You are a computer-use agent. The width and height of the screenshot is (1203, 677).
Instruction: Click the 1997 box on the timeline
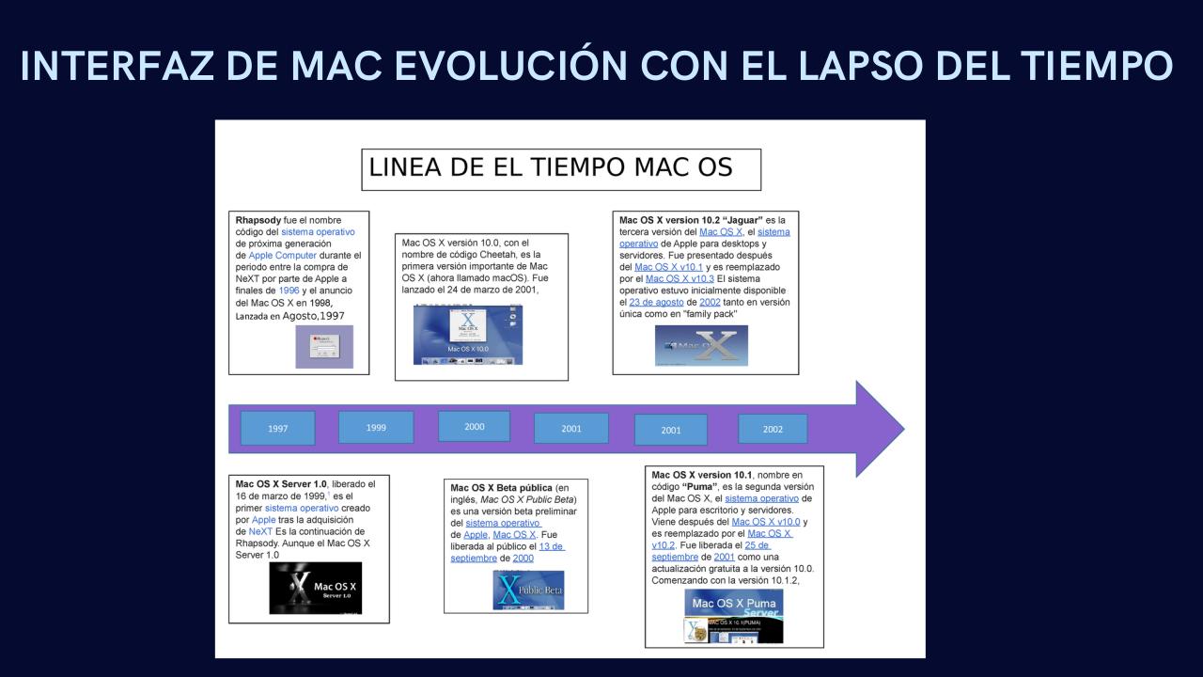(x=277, y=428)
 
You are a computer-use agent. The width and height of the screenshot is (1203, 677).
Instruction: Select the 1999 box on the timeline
(x=376, y=427)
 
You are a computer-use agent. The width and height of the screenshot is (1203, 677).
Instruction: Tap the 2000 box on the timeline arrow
(x=474, y=426)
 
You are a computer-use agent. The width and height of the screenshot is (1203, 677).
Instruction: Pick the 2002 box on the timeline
(x=773, y=429)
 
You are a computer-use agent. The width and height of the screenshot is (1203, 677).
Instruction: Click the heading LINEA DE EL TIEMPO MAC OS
(x=550, y=168)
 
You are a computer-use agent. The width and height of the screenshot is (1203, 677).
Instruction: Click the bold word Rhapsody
(x=258, y=220)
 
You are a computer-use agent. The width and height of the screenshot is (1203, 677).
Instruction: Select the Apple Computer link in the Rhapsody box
(x=283, y=255)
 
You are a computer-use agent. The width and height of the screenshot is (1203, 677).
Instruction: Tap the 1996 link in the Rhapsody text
(x=288, y=291)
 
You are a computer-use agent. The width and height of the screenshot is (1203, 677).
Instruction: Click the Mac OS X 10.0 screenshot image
(x=467, y=335)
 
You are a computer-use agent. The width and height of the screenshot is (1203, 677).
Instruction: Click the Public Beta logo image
(x=527, y=590)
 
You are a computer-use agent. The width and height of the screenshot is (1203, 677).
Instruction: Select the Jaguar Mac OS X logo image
(x=700, y=345)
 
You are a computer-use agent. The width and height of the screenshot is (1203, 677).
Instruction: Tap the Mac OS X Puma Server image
(x=733, y=616)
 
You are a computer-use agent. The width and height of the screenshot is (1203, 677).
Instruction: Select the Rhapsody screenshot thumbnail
(x=323, y=346)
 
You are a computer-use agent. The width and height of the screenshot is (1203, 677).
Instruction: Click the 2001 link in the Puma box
(x=724, y=557)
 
